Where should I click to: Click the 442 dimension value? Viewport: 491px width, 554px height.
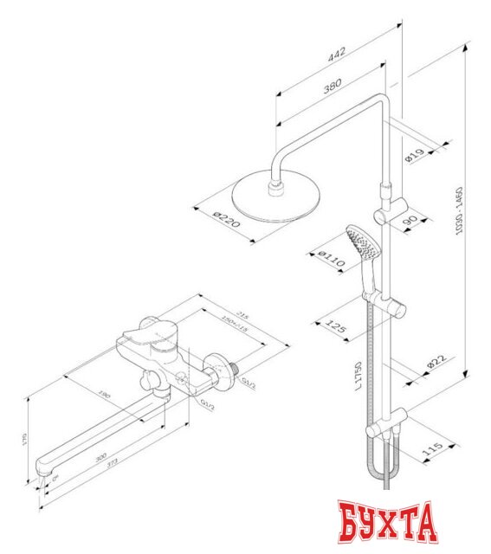(337, 55)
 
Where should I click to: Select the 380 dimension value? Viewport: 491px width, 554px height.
(330, 86)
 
